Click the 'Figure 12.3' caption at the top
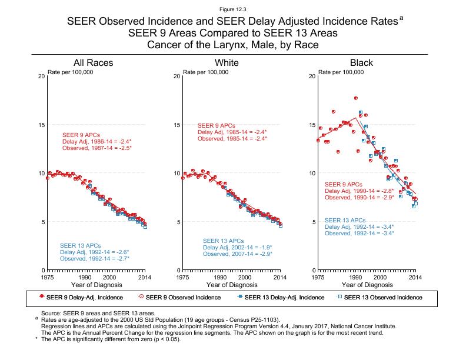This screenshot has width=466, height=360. click(233, 10)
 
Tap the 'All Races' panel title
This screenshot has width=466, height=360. click(93, 63)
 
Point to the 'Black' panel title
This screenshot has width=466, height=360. click(361, 63)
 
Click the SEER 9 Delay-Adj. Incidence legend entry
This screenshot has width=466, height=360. click(81, 297)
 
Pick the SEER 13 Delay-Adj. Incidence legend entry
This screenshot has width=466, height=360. click(279, 297)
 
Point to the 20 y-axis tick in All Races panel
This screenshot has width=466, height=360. click(41, 76)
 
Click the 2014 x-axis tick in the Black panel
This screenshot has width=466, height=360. click(415, 276)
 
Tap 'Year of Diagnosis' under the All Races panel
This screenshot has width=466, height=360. click(96, 285)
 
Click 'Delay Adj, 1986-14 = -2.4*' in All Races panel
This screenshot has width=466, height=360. click(96, 142)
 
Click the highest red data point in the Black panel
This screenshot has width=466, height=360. click(356, 98)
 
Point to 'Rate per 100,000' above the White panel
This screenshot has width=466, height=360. click(206, 72)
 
